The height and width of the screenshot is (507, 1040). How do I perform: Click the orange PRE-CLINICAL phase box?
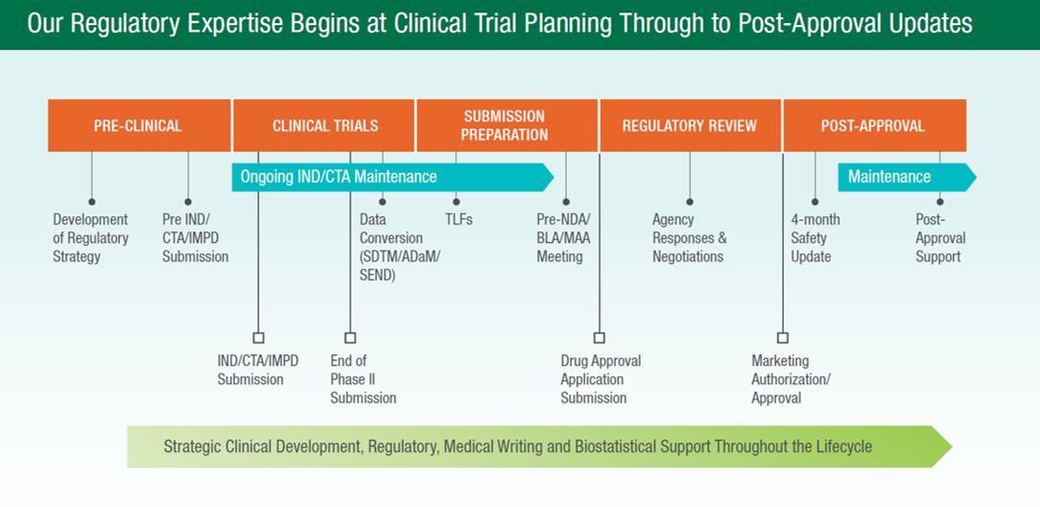pyautogui.click(x=138, y=126)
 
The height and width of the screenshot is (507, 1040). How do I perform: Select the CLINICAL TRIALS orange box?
pyautogui.click(x=324, y=126)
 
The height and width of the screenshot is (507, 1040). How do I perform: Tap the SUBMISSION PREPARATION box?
pyautogui.click(x=505, y=126)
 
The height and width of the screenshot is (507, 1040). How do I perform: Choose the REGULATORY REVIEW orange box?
pyautogui.click(x=689, y=126)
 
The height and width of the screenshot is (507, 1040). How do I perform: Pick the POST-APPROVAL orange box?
pyautogui.click(x=873, y=126)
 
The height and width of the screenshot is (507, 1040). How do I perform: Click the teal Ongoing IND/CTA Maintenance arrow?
pyautogui.click(x=384, y=177)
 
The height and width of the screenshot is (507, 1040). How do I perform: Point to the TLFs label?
pyautogui.click(x=459, y=220)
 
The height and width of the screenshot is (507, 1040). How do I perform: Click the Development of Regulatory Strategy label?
pyautogui.click(x=90, y=238)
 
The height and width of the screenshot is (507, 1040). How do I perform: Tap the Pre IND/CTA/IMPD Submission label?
pyautogui.click(x=195, y=238)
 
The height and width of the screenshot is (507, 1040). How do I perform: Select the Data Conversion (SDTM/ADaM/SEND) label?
pyautogui.click(x=390, y=247)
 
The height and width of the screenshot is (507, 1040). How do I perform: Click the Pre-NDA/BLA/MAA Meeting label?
pyautogui.click(x=563, y=238)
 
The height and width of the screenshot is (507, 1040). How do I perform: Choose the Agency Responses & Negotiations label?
pyautogui.click(x=689, y=238)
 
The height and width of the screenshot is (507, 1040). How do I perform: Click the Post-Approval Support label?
pyautogui.click(x=939, y=238)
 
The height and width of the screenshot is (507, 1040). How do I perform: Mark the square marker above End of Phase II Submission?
pyautogui.click(x=350, y=337)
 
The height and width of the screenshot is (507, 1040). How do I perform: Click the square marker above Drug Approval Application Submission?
pyautogui.click(x=600, y=337)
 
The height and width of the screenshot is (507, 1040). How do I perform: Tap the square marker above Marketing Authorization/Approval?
pyautogui.click(x=783, y=337)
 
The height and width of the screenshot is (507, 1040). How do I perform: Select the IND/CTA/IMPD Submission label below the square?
pyautogui.click(x=257, y=370)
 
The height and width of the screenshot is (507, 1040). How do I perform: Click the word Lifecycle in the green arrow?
pyautogui.click(x=839, y=447)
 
